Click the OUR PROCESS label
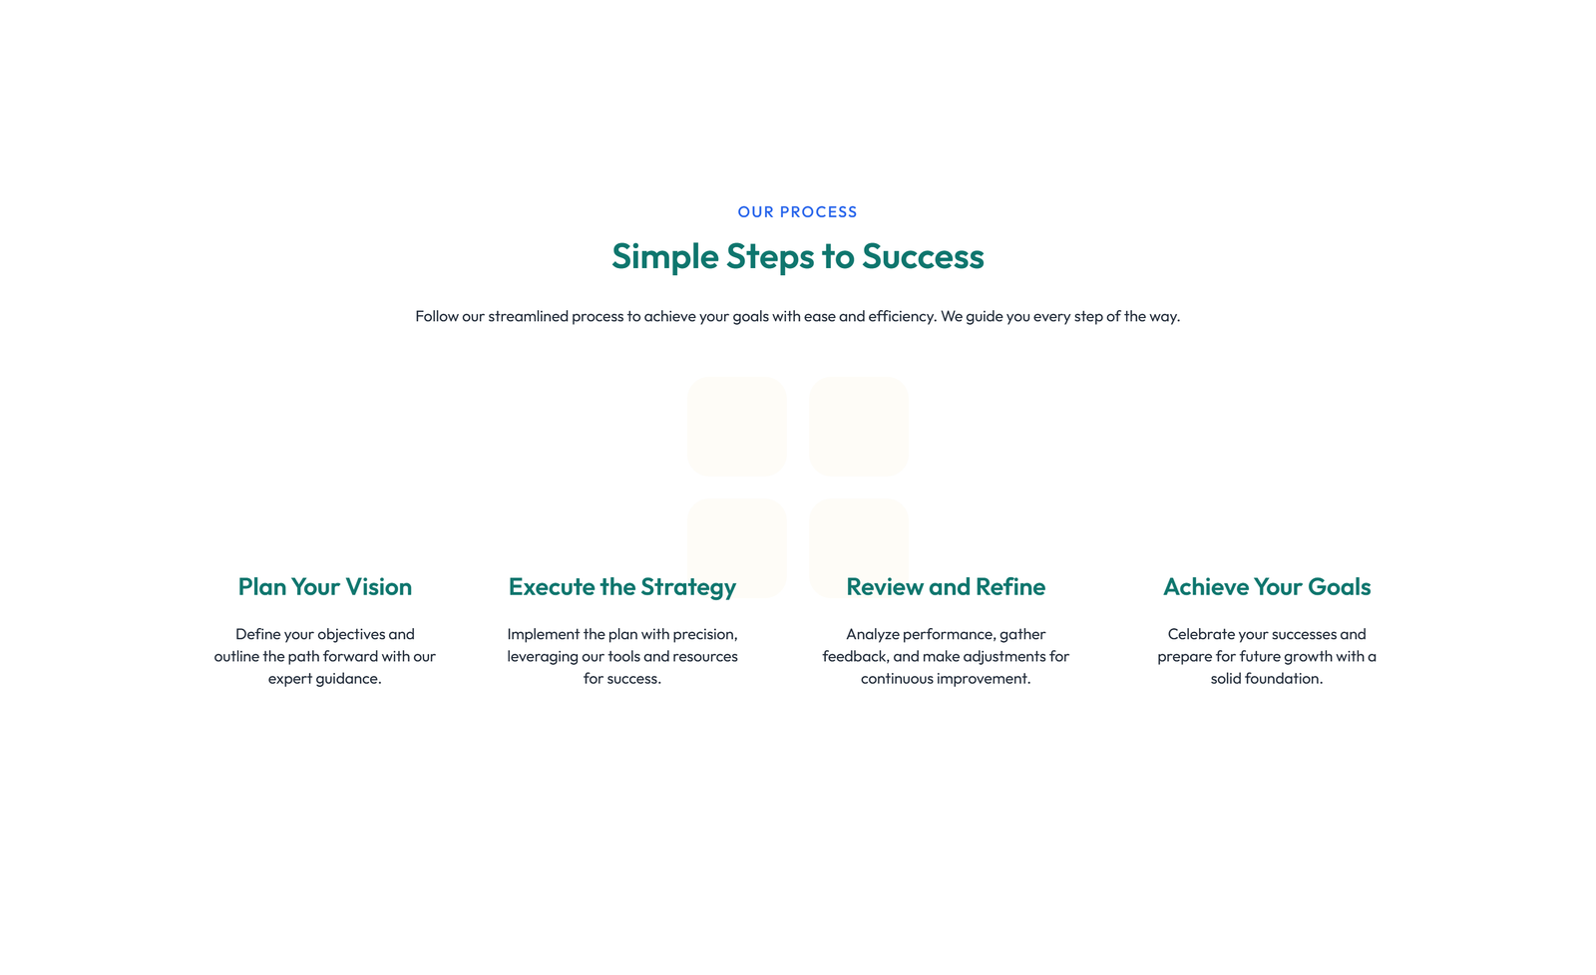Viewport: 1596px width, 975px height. (x=797, y=211)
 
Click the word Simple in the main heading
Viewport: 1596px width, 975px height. (x=664, y=256)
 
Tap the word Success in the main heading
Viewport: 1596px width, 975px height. (x=923, y=256)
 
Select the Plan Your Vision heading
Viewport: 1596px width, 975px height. (x=325, y=586)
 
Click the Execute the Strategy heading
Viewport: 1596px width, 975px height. (x=622, y=587)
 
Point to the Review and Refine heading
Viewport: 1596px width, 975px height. (x=946, y=586)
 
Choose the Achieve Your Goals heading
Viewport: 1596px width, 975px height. (x=1267, y=586)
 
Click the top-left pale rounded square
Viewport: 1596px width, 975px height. (x=737, y=427)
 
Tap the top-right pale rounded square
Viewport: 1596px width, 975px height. (x=859, y=427)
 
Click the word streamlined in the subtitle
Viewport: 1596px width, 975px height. (x=528, y=315)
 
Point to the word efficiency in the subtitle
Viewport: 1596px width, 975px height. (x=902, y=316)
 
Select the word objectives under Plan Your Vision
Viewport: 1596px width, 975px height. (x=350, y=634)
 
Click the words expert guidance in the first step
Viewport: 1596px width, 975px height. (x=325, y=679)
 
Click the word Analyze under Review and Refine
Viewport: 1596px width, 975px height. (x=872, y=634)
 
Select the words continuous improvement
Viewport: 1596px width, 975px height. (x=946, y=679)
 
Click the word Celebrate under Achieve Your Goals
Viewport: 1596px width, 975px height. (x=1200, y=634)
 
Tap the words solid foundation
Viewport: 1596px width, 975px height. (x=1267, y=679)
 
